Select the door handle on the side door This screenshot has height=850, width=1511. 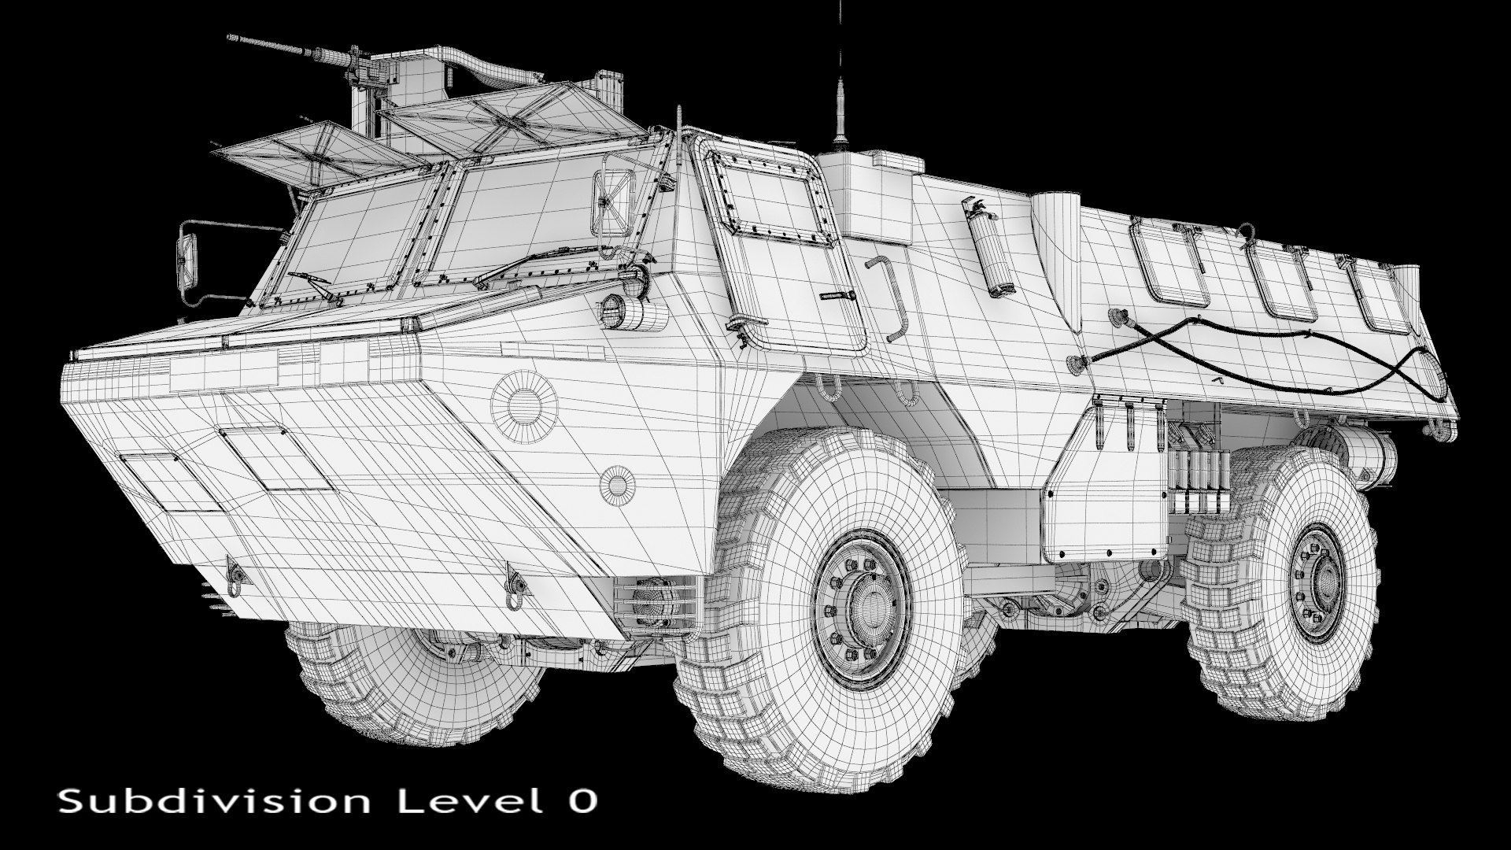(x=837, y=295)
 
